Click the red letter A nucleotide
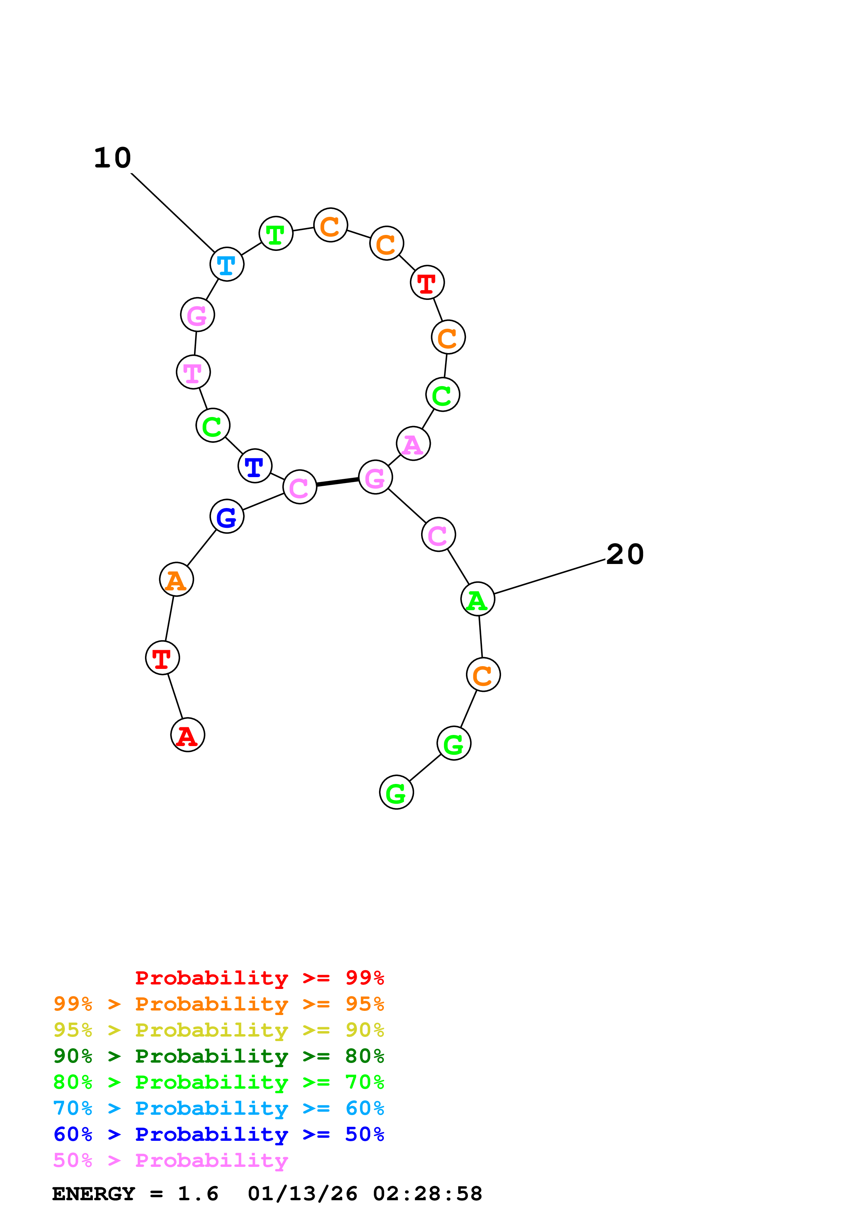187,735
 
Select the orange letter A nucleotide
176,579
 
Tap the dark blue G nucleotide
227,516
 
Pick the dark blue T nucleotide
255,466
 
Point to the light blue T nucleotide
227,264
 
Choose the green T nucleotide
276,234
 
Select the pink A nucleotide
413,444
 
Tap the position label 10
113,158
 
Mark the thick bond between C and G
338,482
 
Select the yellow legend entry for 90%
218,1030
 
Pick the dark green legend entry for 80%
218,1056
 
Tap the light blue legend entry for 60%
218,1108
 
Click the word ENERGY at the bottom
94,1194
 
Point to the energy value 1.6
198,1194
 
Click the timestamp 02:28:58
428,1194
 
